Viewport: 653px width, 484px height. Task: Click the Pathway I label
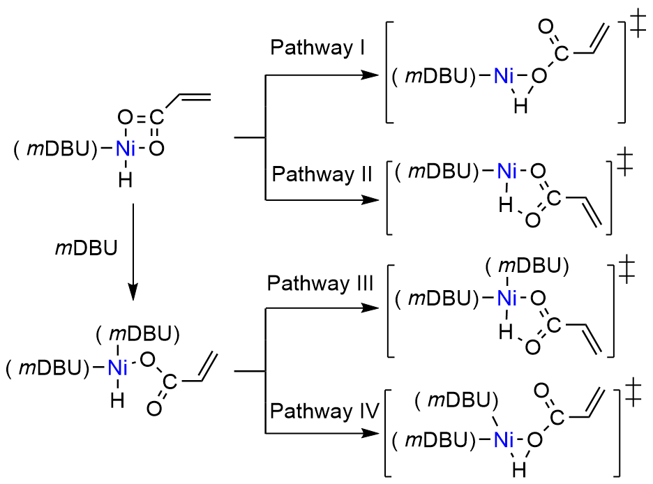313,48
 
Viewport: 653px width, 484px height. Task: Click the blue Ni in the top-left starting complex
126,149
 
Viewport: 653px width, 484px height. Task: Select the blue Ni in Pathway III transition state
507,298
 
